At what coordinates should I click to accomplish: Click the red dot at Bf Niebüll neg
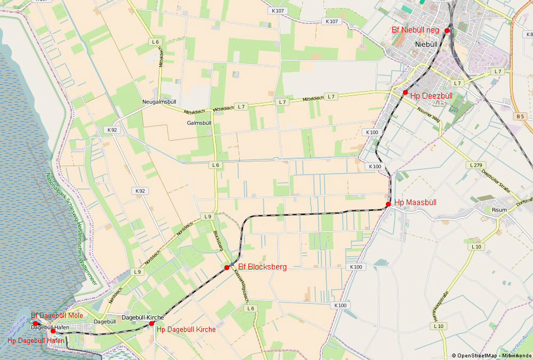[447, 30]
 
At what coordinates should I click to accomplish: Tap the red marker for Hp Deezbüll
[405, 93]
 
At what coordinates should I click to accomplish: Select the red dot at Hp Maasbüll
[388, 204]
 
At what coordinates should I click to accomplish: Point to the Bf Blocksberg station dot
[227, 267]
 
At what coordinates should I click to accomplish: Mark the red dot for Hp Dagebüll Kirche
[151, 323]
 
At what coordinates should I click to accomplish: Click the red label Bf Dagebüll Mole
[56, 315]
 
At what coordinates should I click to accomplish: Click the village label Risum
[499, 210]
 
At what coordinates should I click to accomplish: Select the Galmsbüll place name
[199, 122]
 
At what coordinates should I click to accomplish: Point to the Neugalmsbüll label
[159, 102]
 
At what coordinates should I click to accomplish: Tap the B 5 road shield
[520, 116]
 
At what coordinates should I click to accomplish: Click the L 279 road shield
[475, 165]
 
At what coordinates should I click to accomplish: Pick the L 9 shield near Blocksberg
[208, 216]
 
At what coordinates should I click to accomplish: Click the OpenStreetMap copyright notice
[491, 355]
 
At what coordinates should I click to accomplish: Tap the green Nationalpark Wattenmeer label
[69, 226]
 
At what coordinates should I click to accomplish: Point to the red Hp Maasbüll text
[415, 203]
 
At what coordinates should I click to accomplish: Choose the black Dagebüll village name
[104, 322]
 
